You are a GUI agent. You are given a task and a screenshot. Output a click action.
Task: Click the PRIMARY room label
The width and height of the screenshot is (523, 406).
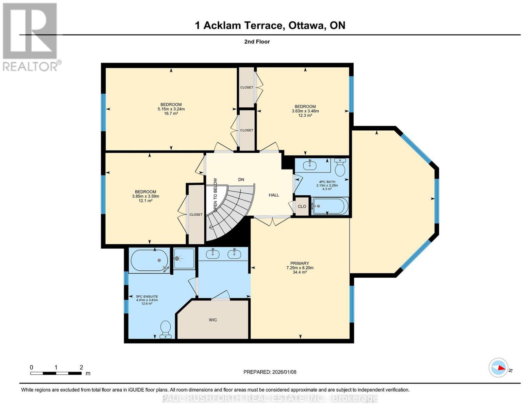(x=299, y=263)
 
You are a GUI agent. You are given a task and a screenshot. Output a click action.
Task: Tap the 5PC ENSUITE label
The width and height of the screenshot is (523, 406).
(x=143, y=296)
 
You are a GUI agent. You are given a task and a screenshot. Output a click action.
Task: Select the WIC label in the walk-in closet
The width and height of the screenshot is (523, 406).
(x=213, y=320)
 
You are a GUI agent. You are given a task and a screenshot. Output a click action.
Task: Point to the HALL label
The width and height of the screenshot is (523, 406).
(x=274, y=195)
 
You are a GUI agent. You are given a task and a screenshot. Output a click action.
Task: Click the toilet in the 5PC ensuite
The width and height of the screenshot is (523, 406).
(x=165, y=329)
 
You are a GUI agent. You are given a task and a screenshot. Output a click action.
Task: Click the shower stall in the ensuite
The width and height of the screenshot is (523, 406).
(x=184, y=258)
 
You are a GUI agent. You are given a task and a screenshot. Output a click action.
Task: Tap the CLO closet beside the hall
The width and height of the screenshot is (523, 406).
(x=302, y=206)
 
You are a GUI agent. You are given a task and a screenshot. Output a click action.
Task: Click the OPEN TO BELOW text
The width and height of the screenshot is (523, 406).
(x=215, y=195)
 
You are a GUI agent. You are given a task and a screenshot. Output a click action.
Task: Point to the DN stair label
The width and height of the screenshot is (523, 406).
(x=241, y=179)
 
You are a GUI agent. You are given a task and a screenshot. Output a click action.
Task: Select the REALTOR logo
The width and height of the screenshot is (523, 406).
(x=31, y=37)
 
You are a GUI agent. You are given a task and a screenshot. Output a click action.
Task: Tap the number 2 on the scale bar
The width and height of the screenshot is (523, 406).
(x=81, y=367)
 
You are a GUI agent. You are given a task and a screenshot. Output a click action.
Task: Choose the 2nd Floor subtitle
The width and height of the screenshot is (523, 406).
(x=257, y=41)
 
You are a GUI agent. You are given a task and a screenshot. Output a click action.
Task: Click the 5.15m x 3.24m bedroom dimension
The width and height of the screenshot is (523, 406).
(x=171, y=109)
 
